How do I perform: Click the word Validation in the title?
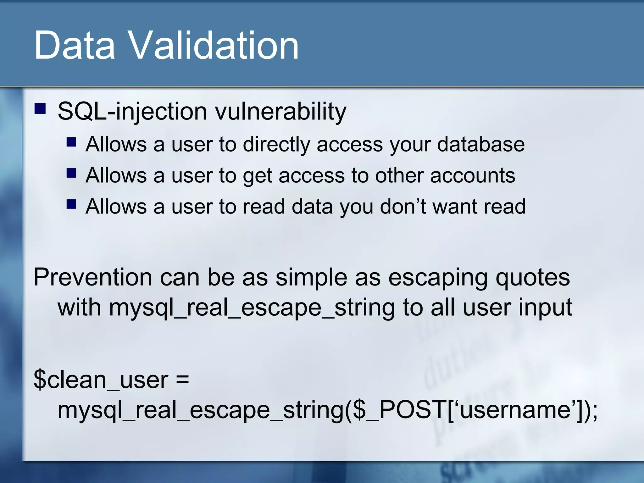coord(214,46)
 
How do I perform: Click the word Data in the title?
coord(75,46)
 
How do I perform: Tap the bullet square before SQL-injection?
coord(40,109)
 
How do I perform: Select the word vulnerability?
coord(280,111)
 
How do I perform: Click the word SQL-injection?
coord(132,111)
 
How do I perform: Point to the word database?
coord(481,144)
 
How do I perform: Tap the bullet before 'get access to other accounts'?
coord(71,173)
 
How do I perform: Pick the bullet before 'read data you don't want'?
coord(71,204)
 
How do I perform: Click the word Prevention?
coord(93,277)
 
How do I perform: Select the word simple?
coord(312,277)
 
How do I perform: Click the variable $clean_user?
coord(101,380)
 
